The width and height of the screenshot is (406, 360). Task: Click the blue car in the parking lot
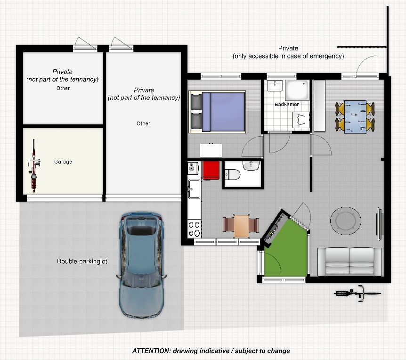[x=141, y=265]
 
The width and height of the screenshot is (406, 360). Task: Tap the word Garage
[x=63, y=162]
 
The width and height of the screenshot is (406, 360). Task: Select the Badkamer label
[x=287, y=104]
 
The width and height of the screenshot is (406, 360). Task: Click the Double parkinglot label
[x=82, y=262]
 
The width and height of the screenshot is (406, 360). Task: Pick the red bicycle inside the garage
[x=33, y=166]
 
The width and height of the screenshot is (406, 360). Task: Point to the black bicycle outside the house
[x=357, y=294]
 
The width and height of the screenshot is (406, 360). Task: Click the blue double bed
[x=217, y=112]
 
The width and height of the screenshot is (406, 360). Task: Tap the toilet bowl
[x=232, y=174]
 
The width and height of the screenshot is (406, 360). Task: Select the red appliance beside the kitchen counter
[x=211, y=171]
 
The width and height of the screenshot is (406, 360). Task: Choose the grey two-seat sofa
[x=349, y=262]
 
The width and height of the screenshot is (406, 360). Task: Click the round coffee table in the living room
[x=345, y=221]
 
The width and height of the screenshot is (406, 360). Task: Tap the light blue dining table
[x=355, y=117]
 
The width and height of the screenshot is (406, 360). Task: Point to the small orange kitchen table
[x=241, y=225]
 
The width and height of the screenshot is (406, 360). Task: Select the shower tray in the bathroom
[x=297, y=90]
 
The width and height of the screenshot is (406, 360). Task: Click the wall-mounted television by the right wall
[x=380, y=224]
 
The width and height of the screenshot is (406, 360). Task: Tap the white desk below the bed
[x=211, y=150]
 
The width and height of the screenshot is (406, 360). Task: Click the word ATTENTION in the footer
[x=152, y=351]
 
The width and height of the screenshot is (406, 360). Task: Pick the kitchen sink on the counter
[x=194, y=189]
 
